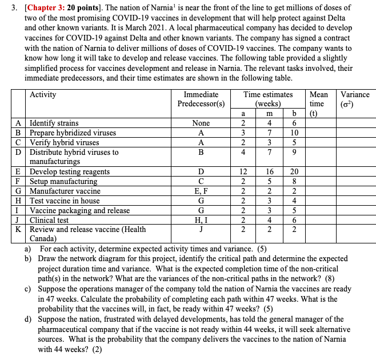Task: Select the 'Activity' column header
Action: tap(43, 94)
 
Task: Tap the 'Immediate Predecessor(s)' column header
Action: tap(201, 99)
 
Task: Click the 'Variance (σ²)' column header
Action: tap(354, 99)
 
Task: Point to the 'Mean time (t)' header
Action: tap(318, 103)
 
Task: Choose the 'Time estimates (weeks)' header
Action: tap(267, 99)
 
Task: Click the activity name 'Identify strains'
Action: tap(54, 123)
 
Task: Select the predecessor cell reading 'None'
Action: tap(201, 123)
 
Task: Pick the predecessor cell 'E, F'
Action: tap(201, 191)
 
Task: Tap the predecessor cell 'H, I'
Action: tap(201, 220)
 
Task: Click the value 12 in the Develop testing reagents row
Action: tap(243, 171)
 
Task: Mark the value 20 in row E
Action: tap(294, 171)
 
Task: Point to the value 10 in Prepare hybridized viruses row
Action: tap(294, 133)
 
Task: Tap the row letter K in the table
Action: tap(19, 230)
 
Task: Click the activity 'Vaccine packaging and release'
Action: tap(79, 210)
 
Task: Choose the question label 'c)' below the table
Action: tap(27, 289)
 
